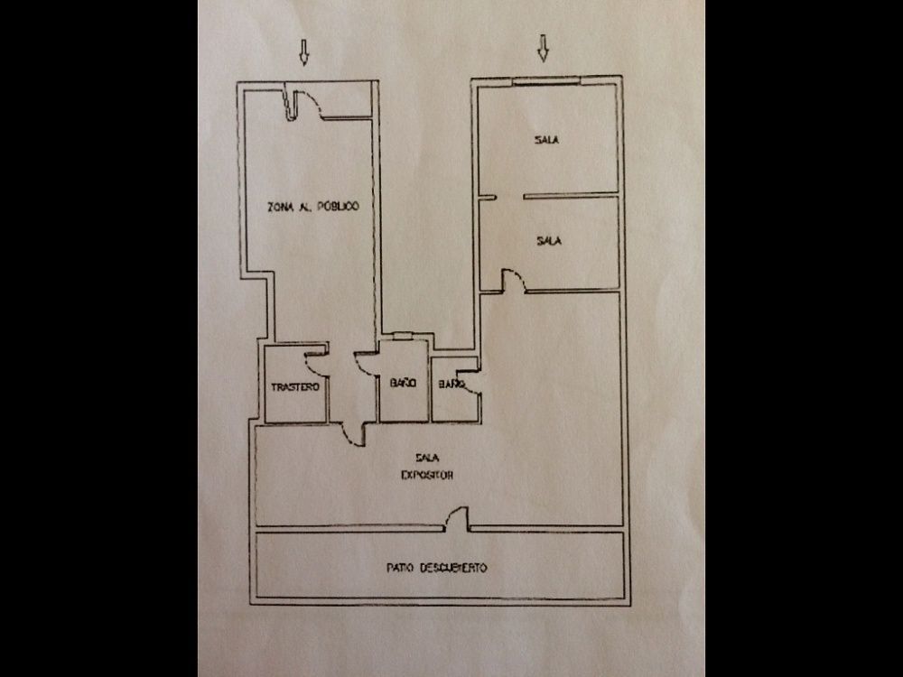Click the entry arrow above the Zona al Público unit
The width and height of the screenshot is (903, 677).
click(304, 52)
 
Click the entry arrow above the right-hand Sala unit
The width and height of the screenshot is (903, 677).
click(543, 48)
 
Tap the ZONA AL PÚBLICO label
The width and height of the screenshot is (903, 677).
click(313, 206)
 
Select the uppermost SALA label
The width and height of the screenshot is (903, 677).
click(546, 139)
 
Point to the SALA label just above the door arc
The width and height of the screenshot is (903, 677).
click(549, 241)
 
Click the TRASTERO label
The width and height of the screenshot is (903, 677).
click(295, 387)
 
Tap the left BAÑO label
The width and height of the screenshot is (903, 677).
click(403, 382)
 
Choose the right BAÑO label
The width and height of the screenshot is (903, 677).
click(451, 384)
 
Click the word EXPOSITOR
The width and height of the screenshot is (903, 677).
click(427, 475)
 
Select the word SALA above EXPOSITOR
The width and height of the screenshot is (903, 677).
click(427, 458)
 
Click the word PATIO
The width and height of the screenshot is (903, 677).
click(400, 568)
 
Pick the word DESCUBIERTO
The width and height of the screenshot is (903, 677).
click(453, 568)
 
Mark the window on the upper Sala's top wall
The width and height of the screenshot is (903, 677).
click(546, 81)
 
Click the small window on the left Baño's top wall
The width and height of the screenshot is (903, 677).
click(402, 336)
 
